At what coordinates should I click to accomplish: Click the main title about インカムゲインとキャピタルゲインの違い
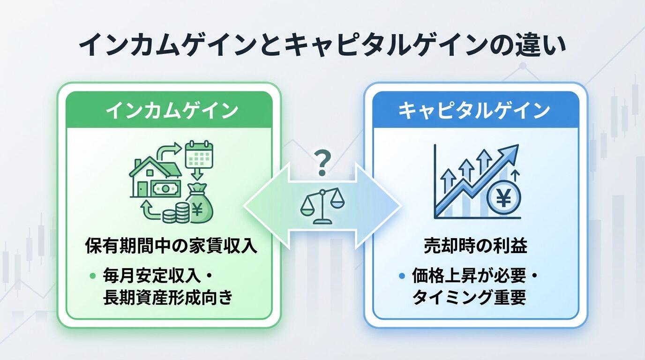322,46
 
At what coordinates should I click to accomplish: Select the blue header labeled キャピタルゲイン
476,111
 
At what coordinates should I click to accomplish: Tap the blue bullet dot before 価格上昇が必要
401,276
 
